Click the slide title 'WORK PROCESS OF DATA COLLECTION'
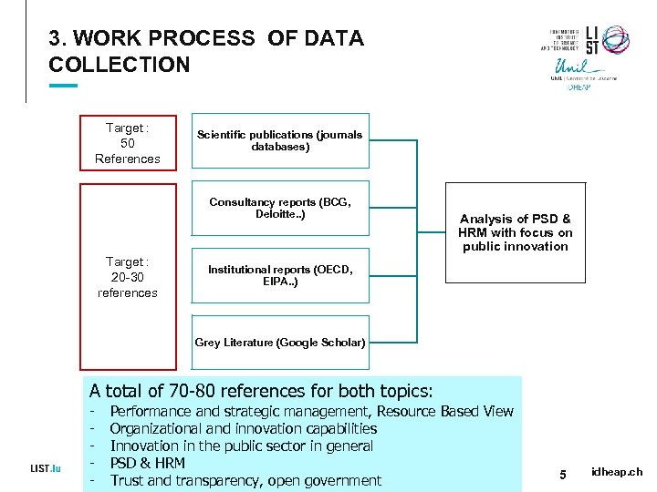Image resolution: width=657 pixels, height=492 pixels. tap(206, 52)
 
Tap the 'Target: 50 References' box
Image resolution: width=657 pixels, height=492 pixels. tap(127, 144)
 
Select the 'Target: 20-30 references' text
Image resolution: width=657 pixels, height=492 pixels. tap(127, 277)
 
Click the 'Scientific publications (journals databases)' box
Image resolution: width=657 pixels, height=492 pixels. tap(280, 140)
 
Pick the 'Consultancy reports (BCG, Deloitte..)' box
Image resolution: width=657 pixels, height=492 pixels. tap(280, 209)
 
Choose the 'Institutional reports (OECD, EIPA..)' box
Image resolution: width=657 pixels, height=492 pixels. tap(280, 275)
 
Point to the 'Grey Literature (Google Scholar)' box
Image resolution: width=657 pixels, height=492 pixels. tap(280, 343)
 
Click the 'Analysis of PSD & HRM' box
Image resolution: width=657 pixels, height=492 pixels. tap(515, 232)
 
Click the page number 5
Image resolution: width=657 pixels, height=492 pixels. tap(563, 474)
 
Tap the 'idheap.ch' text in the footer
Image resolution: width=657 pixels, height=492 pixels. tap(617, 472)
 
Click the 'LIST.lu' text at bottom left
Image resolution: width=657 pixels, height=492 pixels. tap(45, 468)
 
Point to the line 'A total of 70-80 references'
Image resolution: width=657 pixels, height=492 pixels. tap(261, 391)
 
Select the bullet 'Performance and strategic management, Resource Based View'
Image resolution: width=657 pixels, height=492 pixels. tap(311, 411)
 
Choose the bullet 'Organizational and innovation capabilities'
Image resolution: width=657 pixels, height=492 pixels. tap(243, 428)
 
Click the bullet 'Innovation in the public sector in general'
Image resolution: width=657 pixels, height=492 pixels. tap(242, 446)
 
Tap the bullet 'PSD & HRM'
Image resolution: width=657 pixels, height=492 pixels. tap(147, 463)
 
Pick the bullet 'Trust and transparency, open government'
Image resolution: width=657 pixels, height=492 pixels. tap(245, 480)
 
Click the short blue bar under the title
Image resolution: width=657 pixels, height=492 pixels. tap(63, 86)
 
